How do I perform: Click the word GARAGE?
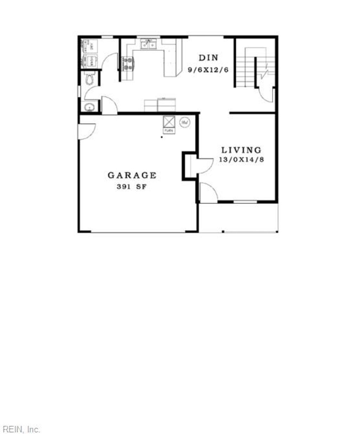132,175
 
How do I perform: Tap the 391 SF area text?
131,187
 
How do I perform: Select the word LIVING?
241,150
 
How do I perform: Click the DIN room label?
208,58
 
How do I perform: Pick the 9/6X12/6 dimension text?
208,70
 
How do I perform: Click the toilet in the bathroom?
90,79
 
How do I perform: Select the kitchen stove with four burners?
128,64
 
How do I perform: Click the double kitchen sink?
148,44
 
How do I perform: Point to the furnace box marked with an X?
169,122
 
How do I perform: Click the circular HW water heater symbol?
185,122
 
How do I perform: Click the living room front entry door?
208,193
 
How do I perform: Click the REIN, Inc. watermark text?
21,429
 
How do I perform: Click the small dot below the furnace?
162,137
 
